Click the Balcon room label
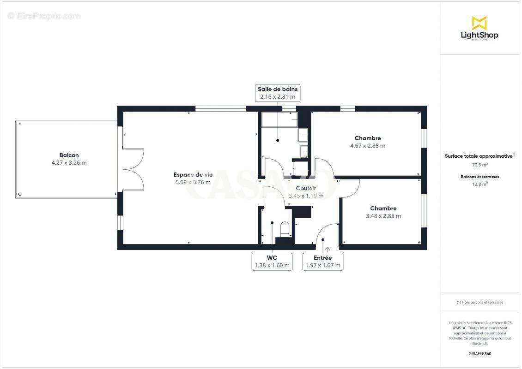click(x=69, y=155)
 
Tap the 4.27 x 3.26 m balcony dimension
click(x=69, y=163)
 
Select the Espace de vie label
click(x=193, y=174)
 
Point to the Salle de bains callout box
click(x=278, y=93)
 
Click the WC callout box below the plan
click(x=272, y=261)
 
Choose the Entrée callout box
click(x=322, y=261)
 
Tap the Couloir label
click(x=306, y=188)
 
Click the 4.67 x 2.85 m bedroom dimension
click(x=368, y=146)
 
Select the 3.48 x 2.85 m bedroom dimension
click(x=383, y=216)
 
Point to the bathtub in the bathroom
click(x=279, y=119)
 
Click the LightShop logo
click(x=480, y=29)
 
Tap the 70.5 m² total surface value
click(x=480, y=165)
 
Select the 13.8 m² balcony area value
click(x=480, y=184)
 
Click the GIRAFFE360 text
click(x=480, y=354)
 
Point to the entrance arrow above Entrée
click(x=328, y=250)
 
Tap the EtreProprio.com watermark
click(x=44, y=16)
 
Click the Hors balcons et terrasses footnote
click(x=480, y=302)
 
